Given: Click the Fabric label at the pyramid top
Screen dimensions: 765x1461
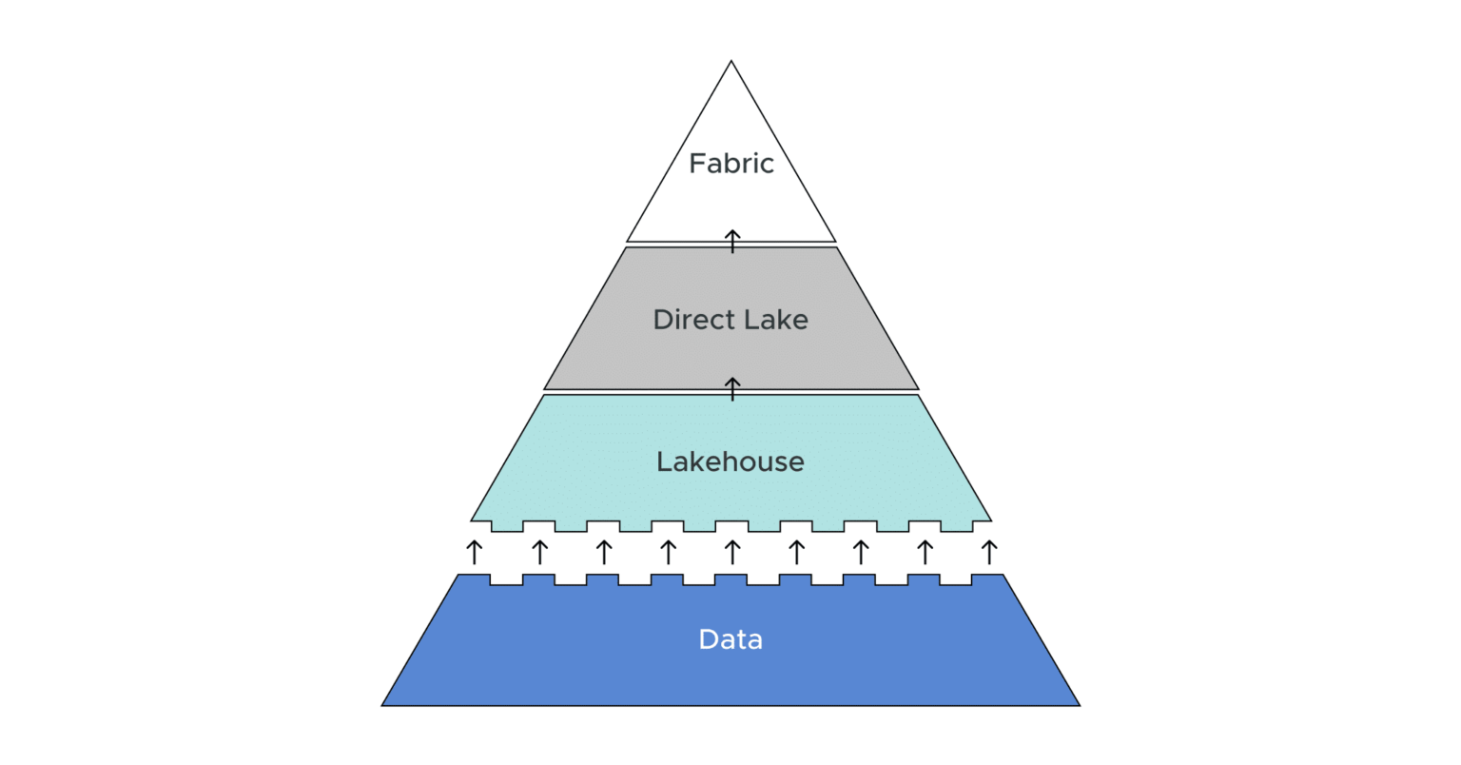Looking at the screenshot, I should (730, 164).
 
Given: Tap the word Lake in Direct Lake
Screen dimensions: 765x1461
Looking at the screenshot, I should (777, 320).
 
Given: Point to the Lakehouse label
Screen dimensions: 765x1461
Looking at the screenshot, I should (730, 461).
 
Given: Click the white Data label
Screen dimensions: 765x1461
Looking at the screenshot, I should (730, 639).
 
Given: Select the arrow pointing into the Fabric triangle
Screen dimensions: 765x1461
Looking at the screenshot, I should (732, 241).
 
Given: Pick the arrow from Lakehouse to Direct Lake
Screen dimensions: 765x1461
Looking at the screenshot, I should (732, 388).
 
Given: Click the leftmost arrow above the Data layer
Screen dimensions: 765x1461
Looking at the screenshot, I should (475, 552).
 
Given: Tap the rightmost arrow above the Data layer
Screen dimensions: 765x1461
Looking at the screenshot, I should (989, 552).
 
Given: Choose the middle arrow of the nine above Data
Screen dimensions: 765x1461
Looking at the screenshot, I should (732, 552).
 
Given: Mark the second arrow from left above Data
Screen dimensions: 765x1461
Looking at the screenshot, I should (539, 552).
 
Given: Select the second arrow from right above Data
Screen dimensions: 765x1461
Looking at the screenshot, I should (925, 552).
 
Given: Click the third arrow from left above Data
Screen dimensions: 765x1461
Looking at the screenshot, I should (603, 552).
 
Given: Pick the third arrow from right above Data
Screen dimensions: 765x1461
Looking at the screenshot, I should (861, 552).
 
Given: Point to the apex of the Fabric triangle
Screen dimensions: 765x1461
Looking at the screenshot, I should (730, 63).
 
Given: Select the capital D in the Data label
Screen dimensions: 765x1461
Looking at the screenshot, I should (708, 639).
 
